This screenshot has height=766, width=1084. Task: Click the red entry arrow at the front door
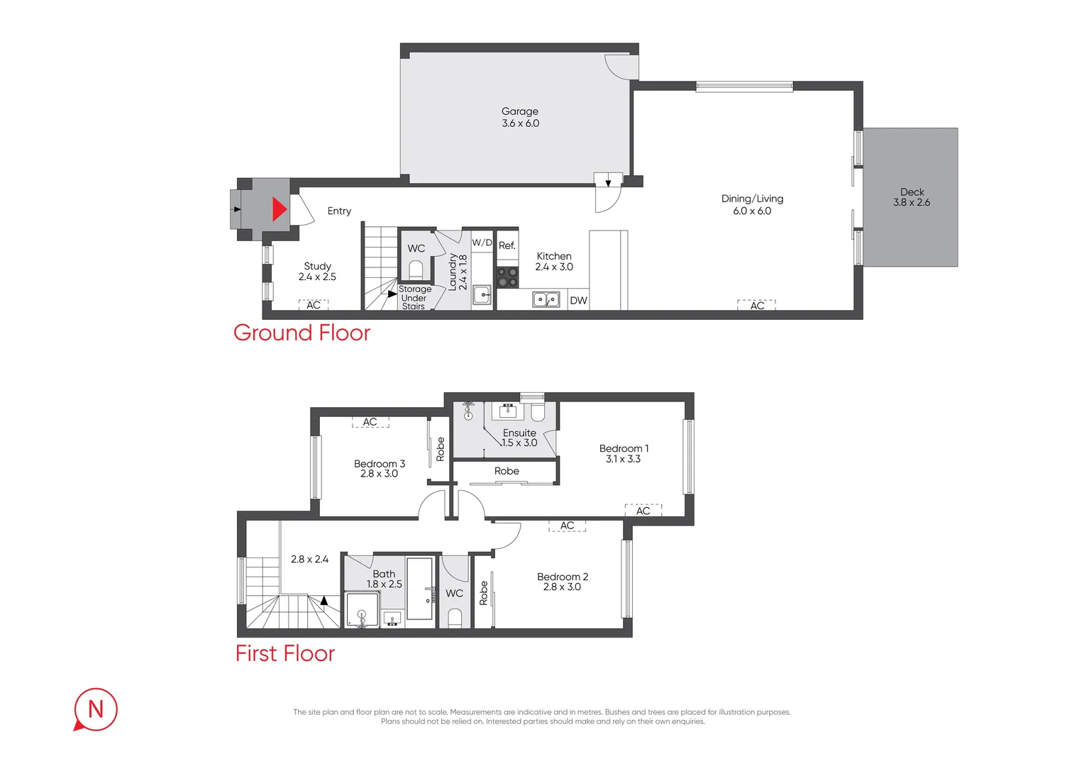(x=280, y=209)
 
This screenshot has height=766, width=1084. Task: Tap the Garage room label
(x=520, y=111)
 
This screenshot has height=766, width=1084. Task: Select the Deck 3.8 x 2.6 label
(x=912, y=197)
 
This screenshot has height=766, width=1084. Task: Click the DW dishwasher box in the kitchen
(x=578, y=301)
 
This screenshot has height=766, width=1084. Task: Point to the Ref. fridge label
(x=507, y=246)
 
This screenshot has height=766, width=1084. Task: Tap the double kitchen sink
(x=546, y=299)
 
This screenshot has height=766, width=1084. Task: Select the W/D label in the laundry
(x=482, y=243)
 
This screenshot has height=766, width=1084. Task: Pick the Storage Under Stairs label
(x=415, y=298)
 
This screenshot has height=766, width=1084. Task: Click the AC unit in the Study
(x=314, y=305)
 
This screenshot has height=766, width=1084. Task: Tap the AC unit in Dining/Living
(x=756, y=305)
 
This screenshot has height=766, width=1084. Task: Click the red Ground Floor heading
(x=302, y=333)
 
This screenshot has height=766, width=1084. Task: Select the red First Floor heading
(x=285, y=653)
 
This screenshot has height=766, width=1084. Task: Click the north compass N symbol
(x=95, y=709)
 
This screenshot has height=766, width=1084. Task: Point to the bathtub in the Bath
(x=419, y=589)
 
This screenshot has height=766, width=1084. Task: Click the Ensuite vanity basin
(x=508, y=411)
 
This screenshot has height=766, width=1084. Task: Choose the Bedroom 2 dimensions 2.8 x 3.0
(x=562, y=587)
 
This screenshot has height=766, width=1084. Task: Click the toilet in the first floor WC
(x=455, y=618)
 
